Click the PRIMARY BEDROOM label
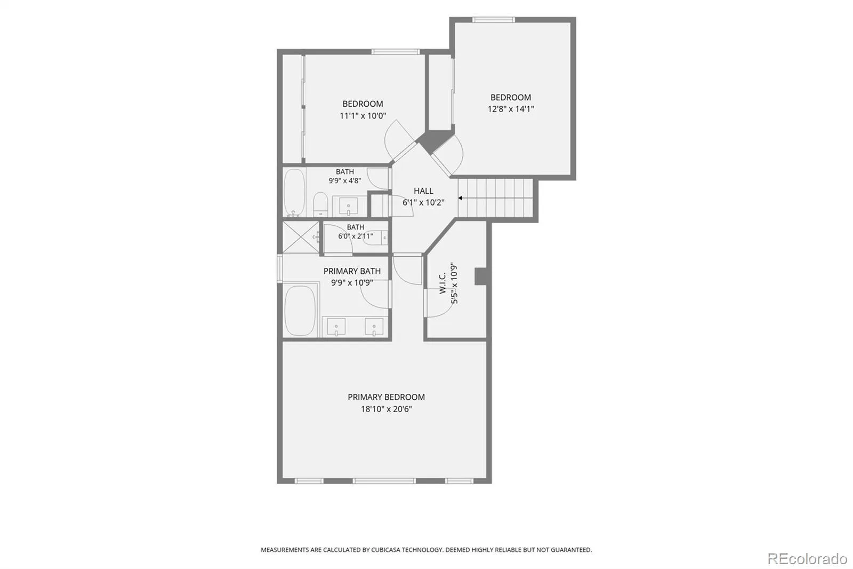pyautogui.click(x=386, y=397)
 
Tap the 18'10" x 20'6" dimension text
pyautogui.click(x=387, y=409)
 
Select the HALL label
pyautogui.click(x=423, y=191)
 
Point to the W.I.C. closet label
pyautogui.click(x=442, y=282)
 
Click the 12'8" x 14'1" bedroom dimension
pyautogui.click(x=511, y=109)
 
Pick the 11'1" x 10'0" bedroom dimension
pyautogui.click(x=363, y=115)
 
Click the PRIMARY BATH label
pyautogui.click(x=352, y=271)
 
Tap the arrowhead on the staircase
pyautogui.click(x=461, y=198)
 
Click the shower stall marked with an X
pyautogui.click(x=301, y=237)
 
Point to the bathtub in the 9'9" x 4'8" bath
pyautogui.click(x=294, y=192)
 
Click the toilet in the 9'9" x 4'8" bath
pyautogui.click(x=320, y=204)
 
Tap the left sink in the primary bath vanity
pyautogui.click(x=336, y=327)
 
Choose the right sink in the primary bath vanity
pyautogui.click(x=374, y=327)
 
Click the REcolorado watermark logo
pyautogui.click(x=807, y=559)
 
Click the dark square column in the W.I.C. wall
pyautogui.click(x=481, y=276)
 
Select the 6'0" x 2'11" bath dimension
pyautogui.click(x=355, y=236)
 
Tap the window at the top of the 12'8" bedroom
pyautogui.click(x=494, y=20)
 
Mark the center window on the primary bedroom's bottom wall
pyautogui.click(x=384, y=481)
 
